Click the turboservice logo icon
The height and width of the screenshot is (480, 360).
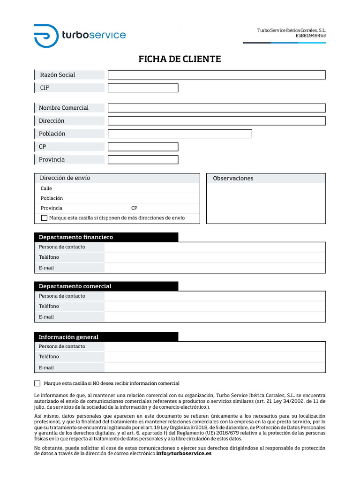[x=46, y=35]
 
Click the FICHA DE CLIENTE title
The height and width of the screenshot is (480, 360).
[x=180, y=59]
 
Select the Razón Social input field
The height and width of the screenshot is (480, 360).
[x=217, y=75]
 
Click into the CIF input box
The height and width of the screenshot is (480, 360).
[x=143, y=88]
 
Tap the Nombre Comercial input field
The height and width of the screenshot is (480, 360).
[x=217, y=108]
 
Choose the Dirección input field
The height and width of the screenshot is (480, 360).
[x=217, y=121]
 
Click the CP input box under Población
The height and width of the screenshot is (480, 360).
[x=143, y=147]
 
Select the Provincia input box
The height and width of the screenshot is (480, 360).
[x=143, y=160]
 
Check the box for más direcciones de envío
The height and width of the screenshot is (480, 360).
[x=45, y=218]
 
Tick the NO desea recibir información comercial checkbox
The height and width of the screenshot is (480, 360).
[x=37, y=383]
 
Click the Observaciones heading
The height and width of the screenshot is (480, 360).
[x=233, y=179]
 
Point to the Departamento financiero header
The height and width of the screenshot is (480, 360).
[x=76, y=237]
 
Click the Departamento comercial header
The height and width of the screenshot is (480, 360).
[x=75, y=286]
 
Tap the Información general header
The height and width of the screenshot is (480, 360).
[x=68, y=337]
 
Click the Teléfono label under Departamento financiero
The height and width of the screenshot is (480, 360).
[x=49, y=257]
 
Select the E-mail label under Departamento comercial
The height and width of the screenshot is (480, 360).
[x=46, y=317]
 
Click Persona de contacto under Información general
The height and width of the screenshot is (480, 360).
[x=62, y=346]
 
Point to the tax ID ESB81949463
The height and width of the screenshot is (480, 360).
[x=310, y=36]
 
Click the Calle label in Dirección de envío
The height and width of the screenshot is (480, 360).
[x=46, y=188]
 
